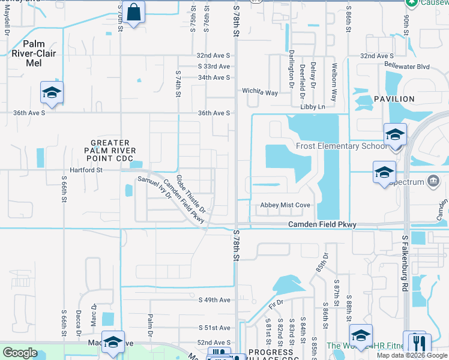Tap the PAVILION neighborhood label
[394, 99]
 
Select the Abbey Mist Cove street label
[285, 205]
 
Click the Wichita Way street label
[260, 92]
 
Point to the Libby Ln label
[312, 107]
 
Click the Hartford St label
[88, 170]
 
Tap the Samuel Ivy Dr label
[155, 187]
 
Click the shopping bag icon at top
[134, 12]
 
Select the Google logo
[20, 353]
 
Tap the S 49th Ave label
[214, 299]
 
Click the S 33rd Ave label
[214, 67]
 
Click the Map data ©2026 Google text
[412, 355]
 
